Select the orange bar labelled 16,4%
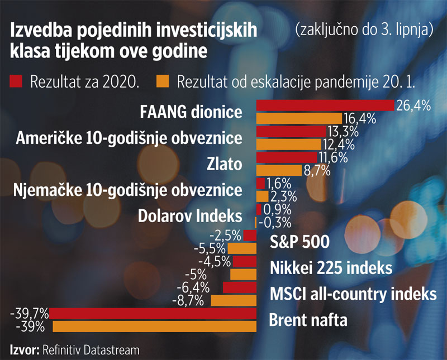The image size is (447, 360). coord(299,118)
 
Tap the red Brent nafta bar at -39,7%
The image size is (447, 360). coord(154,313)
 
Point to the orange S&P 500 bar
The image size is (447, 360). coord(242,248)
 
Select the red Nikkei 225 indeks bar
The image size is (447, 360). coord(245,261)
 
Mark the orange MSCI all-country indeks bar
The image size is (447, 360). coord(234,301)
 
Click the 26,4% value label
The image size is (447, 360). coord(413,105)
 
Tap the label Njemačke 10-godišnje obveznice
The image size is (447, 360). coord(127,190)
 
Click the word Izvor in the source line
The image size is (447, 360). coord(23,350)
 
